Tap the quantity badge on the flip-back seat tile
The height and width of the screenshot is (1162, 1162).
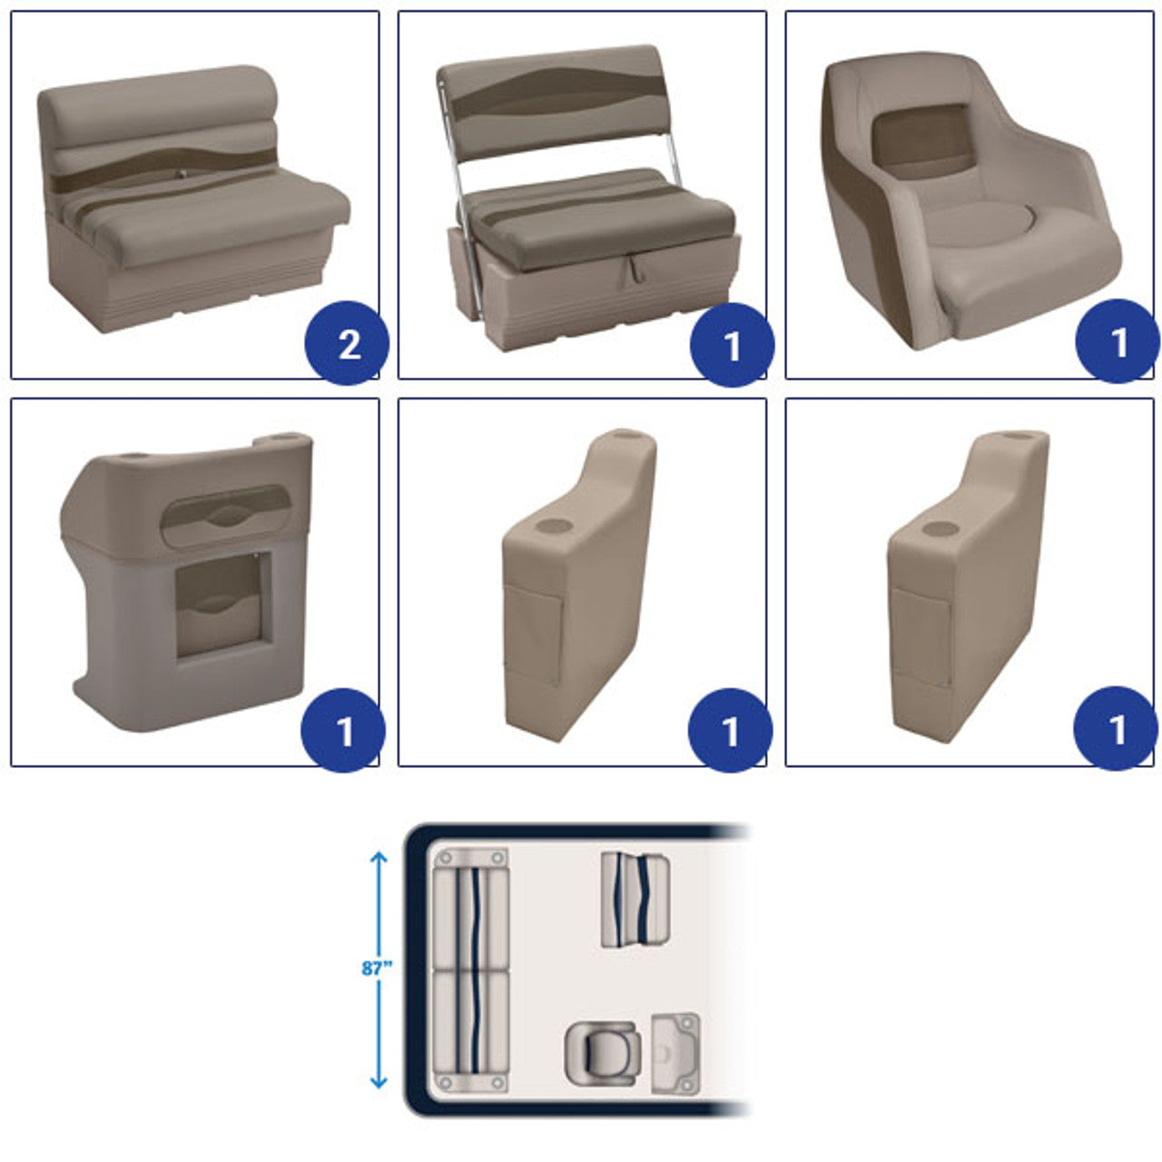pos(732,345)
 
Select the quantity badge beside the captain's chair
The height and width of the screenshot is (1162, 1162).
pos(1118,341)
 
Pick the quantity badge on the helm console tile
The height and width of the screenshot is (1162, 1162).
pos(343,730)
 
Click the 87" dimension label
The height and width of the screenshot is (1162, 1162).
pos(377,968)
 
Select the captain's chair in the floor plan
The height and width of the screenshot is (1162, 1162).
pos(603,1053)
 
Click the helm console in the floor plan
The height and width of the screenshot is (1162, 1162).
pos(675,1053)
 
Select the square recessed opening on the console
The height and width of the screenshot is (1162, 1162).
pos(222,605)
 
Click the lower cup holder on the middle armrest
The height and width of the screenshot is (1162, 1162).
pos(554,526)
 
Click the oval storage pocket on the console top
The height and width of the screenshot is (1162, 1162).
pos(225,515)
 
